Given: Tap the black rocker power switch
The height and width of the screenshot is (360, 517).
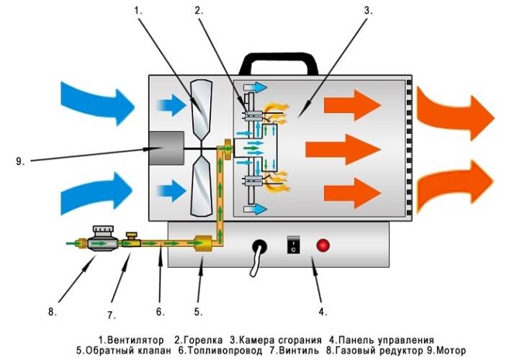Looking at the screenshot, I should pyautogui.click(x=292, y=245).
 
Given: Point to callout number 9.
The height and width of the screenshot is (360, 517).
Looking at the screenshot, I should pyautogui.click(x=19, y=161).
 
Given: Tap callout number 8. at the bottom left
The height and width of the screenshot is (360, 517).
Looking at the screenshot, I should pyautogui.click(x=51, y=312).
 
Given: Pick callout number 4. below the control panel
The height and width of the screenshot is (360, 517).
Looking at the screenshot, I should pyautogui.click(x=323, y=312).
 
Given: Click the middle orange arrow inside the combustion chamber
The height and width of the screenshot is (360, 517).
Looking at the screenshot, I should pyautogui.click(x=341, y=150).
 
